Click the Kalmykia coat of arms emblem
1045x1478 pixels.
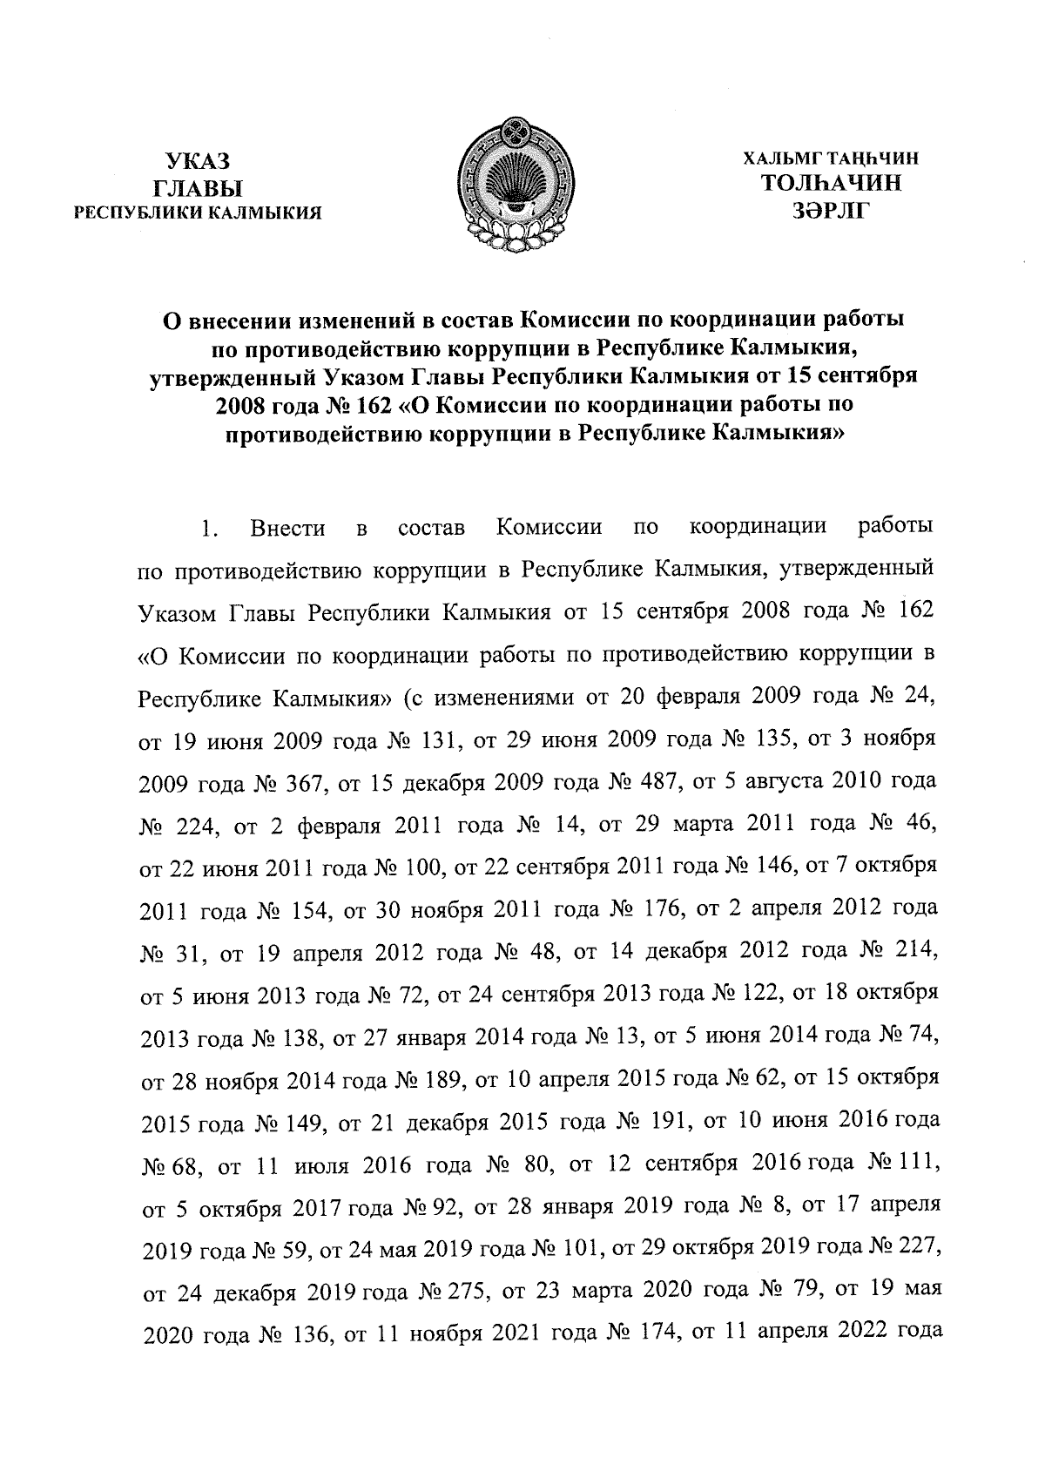click(x=513, y=184)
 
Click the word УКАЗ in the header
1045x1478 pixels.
click(x=198, y=160)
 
